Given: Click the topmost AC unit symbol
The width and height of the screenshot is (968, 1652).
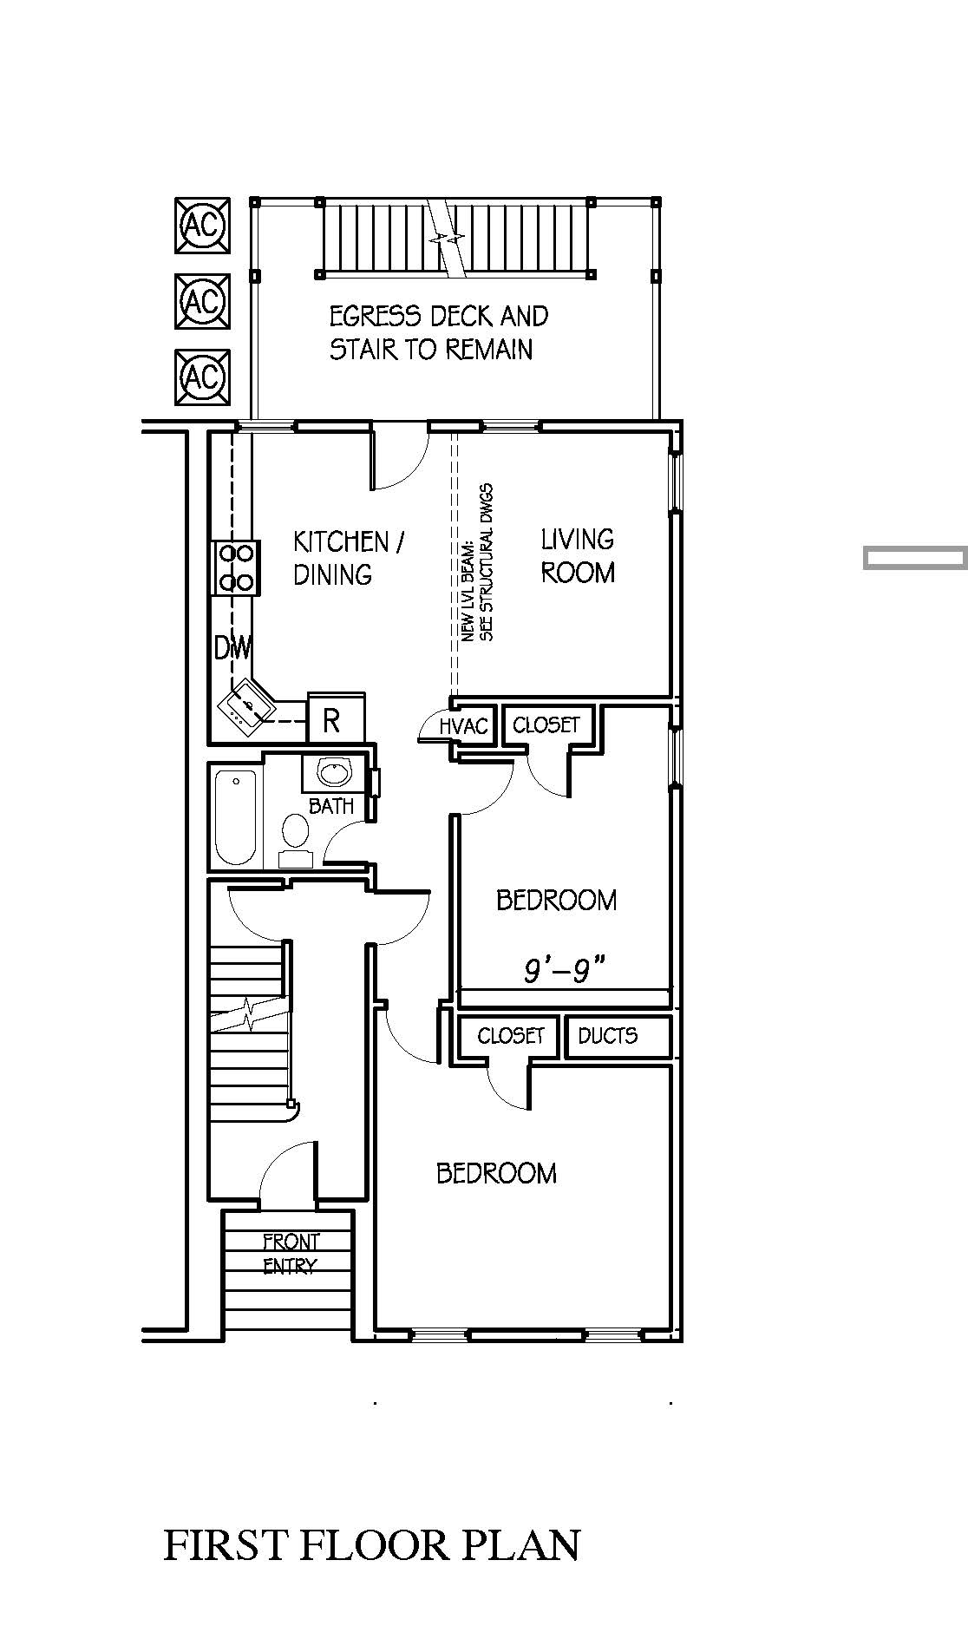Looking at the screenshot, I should point(203,226).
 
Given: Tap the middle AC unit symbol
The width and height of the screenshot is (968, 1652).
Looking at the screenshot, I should point(203,302).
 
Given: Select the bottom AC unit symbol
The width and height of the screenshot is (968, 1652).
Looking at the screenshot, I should point(203,377).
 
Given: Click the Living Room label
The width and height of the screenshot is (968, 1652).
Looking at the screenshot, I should point(578,555).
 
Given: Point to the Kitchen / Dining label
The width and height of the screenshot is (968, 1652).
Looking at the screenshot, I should point(349,558).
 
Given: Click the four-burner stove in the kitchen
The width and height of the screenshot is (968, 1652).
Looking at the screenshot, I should point(236,567).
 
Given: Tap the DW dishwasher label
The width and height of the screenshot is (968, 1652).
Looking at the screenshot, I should point(232,647).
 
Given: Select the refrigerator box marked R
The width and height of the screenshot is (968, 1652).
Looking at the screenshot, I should point(336,718).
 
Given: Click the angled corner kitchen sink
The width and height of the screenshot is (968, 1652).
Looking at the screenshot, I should point(247,704).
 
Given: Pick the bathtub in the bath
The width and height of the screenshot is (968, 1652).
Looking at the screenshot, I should point(235,816).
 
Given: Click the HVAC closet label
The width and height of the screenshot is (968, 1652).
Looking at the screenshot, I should point(465,727).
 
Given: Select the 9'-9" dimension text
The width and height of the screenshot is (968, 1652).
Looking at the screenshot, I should point(564,971).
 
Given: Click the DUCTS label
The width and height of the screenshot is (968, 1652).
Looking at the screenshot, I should point(607,1035).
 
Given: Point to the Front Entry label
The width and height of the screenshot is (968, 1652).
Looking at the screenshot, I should point(291,1254).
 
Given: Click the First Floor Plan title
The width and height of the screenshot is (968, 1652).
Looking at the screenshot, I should point(371,1545).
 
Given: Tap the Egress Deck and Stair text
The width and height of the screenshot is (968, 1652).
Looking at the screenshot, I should point(438,332).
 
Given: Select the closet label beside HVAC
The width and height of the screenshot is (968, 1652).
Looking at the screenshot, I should point(546,724).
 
